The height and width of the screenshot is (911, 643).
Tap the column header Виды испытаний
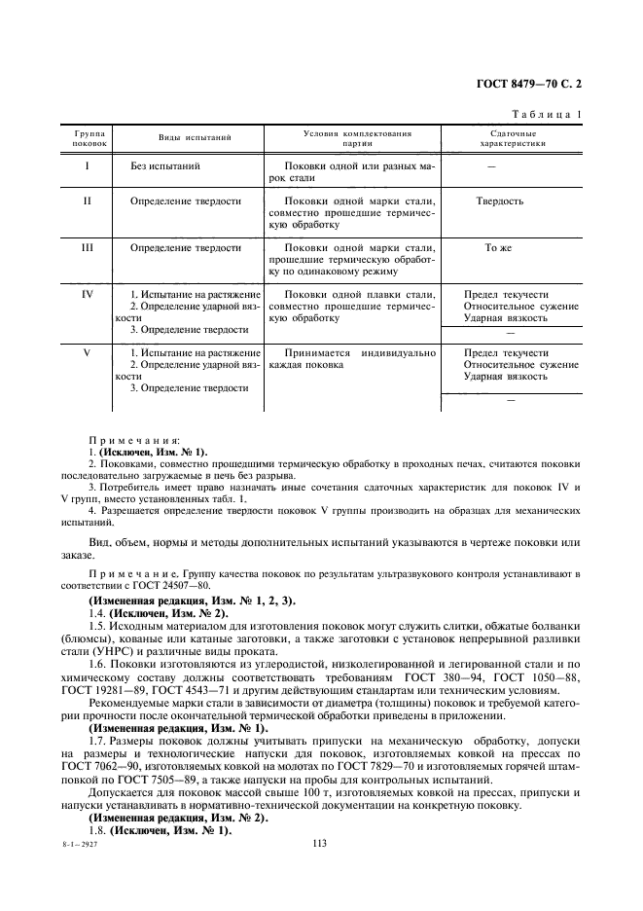point(195,137)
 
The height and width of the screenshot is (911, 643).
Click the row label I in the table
point(87,166)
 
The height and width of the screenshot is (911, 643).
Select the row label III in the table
point(87,248)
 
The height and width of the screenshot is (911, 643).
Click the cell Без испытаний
point(165,166)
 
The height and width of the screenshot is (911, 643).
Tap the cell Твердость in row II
point(499,201)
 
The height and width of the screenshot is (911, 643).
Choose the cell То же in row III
point(498,248)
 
